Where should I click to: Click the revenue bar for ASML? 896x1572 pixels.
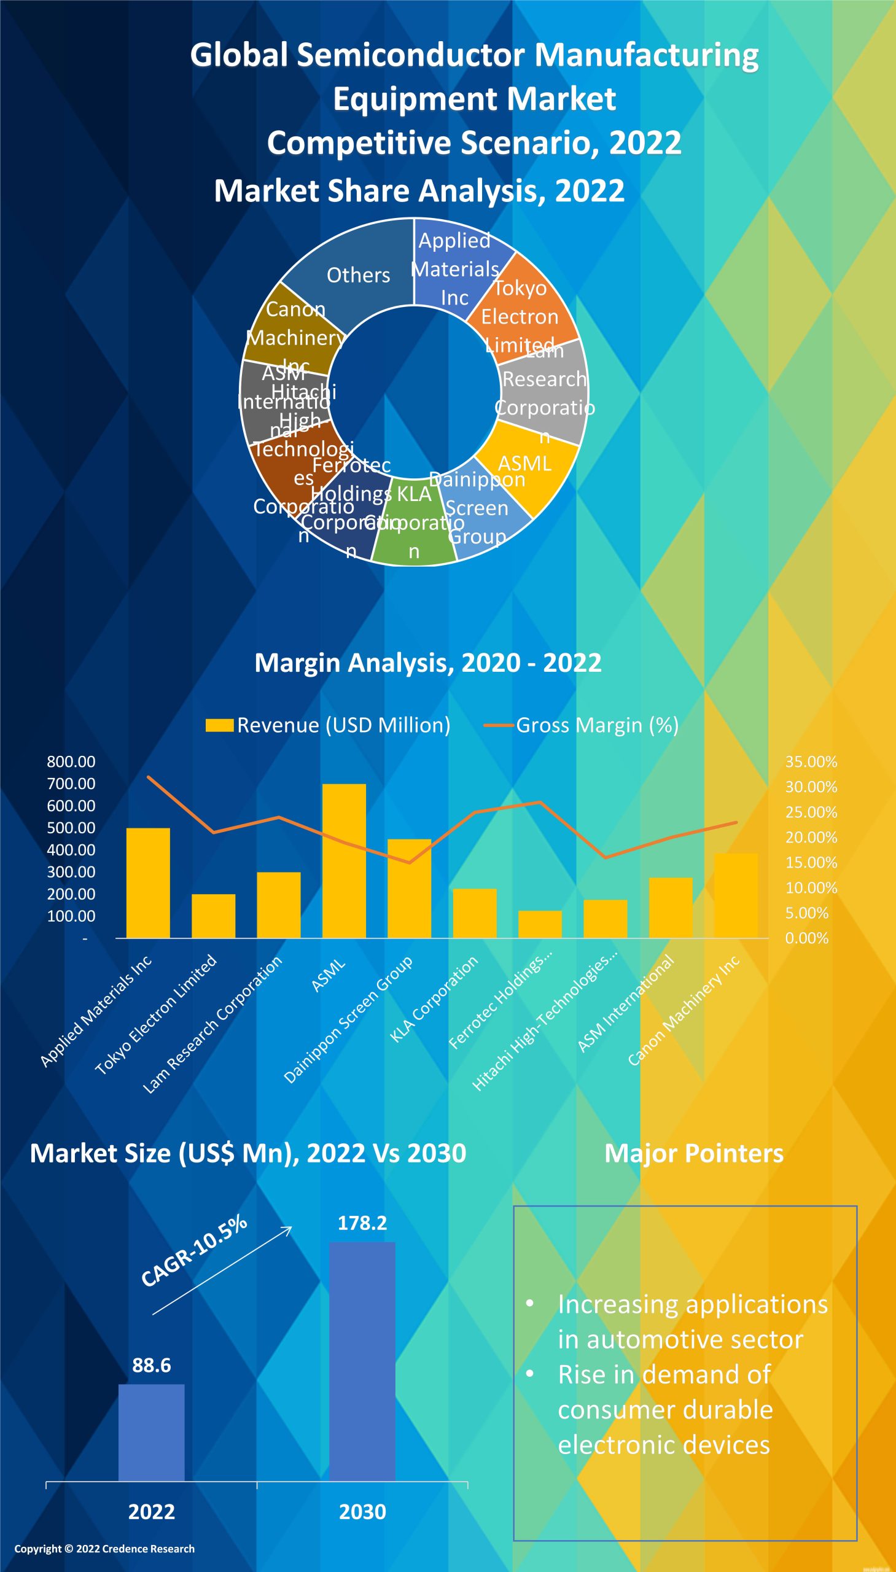click(344, 862)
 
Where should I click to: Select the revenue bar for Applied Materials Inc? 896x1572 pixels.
click(147, 883)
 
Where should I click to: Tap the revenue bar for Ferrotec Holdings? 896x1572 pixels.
click(540, 924)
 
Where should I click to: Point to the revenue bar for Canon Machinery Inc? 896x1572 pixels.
click(736, 895)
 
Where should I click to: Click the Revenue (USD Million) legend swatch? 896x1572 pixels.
click(219, 725)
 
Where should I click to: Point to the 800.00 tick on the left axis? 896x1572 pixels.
click(71, 761)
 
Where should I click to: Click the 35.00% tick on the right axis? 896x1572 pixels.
click(811, 761)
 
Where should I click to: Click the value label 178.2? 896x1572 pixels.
click(362, 1223)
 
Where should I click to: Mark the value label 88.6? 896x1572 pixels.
click(152, 1366)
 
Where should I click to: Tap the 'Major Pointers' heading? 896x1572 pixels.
click(693, 1154)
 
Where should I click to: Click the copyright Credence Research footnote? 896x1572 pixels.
click(104, 1549)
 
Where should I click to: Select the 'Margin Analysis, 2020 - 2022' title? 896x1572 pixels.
click(428, 663)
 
